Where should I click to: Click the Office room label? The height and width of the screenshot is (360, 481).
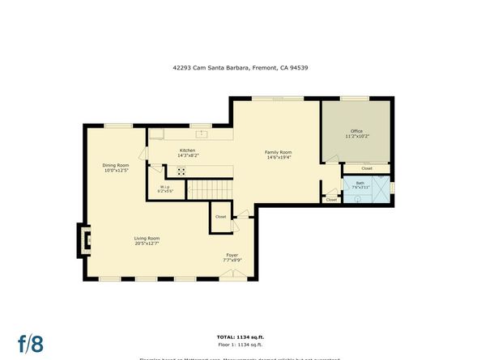coord(356,131)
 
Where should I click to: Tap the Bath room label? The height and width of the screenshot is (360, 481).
coord(360,183)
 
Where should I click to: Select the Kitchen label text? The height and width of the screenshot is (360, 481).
coord(187,150)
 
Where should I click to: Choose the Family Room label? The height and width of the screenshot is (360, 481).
coord(279,152)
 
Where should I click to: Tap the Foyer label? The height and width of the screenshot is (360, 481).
coord(233,256)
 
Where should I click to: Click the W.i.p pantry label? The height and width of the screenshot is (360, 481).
coord(164,187)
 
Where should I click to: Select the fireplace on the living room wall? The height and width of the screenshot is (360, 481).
coord(84,239)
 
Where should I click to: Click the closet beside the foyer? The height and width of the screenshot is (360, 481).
coord(221,217)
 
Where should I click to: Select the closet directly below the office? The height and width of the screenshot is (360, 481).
coord(366,168)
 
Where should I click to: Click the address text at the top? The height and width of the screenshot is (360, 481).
coord(240,68)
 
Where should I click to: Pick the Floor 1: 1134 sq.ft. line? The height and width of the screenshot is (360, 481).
coord(240,344)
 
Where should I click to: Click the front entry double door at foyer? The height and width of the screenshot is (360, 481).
coord(232,275)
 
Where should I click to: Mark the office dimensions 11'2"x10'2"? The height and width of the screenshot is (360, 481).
coord(356,137)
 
